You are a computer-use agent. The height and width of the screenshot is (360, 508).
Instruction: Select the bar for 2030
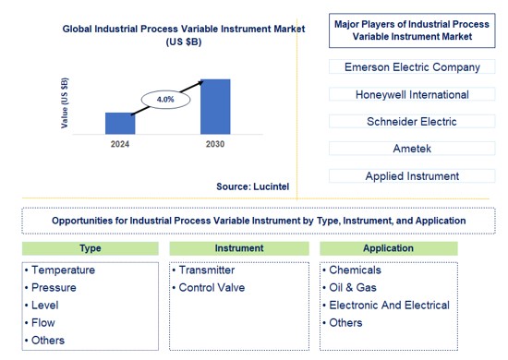tap(215, 107)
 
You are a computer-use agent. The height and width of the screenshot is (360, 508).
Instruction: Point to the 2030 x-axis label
tap(215, 145)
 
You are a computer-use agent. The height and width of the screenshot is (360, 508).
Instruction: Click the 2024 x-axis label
tap(120, 145)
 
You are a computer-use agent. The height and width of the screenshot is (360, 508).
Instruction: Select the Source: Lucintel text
tap(252, 186)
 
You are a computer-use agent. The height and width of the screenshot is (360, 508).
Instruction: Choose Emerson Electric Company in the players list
tap(412, 67)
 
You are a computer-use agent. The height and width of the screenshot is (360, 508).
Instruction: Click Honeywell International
tap(412, 94)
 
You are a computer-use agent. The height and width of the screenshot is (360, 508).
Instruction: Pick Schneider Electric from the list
tap(412, 121)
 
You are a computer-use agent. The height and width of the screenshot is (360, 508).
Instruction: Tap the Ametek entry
tap(412, 149)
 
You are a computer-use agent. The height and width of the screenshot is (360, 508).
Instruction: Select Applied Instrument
tap(412, 175)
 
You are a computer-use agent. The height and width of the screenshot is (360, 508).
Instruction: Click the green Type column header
tap(91, 248)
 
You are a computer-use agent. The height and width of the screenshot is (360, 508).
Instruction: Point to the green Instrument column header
tap(238, 248)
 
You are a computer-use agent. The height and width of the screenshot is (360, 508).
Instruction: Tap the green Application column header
tap(388, 248)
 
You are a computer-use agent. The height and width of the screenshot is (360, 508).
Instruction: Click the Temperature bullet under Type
tap(63, 270)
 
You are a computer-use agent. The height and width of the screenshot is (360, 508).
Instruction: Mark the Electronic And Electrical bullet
tap(389, 306)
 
